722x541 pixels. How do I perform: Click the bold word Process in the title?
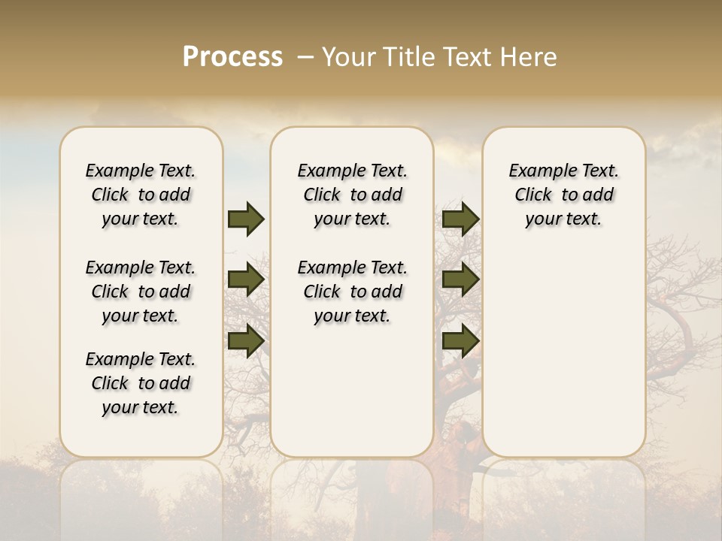232,57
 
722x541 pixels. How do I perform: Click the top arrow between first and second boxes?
246,219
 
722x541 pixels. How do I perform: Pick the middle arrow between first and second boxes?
246,280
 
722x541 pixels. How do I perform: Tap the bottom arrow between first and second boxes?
246,340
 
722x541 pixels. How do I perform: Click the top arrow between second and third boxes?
460,219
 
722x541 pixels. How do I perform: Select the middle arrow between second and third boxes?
460,280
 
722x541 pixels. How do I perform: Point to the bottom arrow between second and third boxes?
460,340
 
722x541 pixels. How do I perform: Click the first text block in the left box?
141,195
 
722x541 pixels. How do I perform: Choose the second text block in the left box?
141,292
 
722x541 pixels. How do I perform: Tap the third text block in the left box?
141,383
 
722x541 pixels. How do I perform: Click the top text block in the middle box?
352,195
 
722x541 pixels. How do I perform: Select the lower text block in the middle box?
352,292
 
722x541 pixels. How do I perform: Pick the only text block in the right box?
563,195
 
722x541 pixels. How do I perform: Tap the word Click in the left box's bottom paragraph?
110,383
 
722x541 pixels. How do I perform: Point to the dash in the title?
305,57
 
